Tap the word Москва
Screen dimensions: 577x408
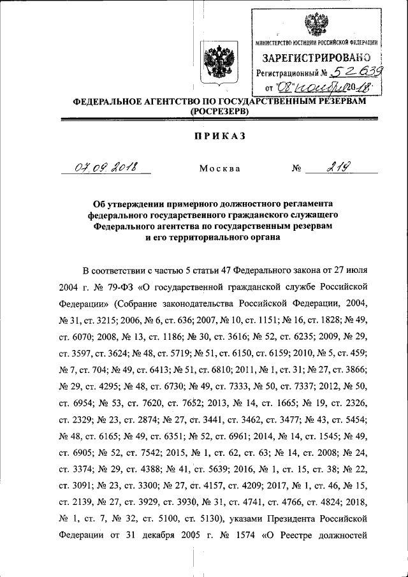[x=219, y=169]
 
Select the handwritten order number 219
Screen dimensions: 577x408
[x=337, y=167]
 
